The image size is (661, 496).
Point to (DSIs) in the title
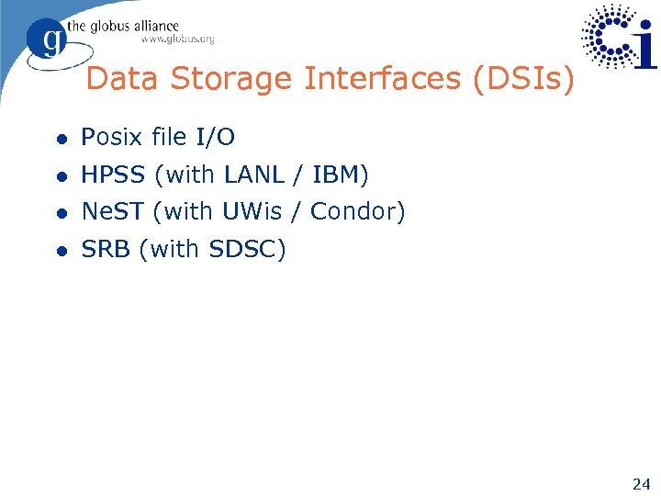coord(523,80)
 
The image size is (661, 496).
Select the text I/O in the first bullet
coord(216,138)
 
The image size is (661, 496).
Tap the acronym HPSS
coord(115,175)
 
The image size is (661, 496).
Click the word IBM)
coord(341,175)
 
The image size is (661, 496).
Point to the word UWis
coord(257,212)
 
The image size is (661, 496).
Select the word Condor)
coord(358,212)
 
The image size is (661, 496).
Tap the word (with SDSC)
coord(213,249)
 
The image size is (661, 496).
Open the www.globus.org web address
coord(177,39)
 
